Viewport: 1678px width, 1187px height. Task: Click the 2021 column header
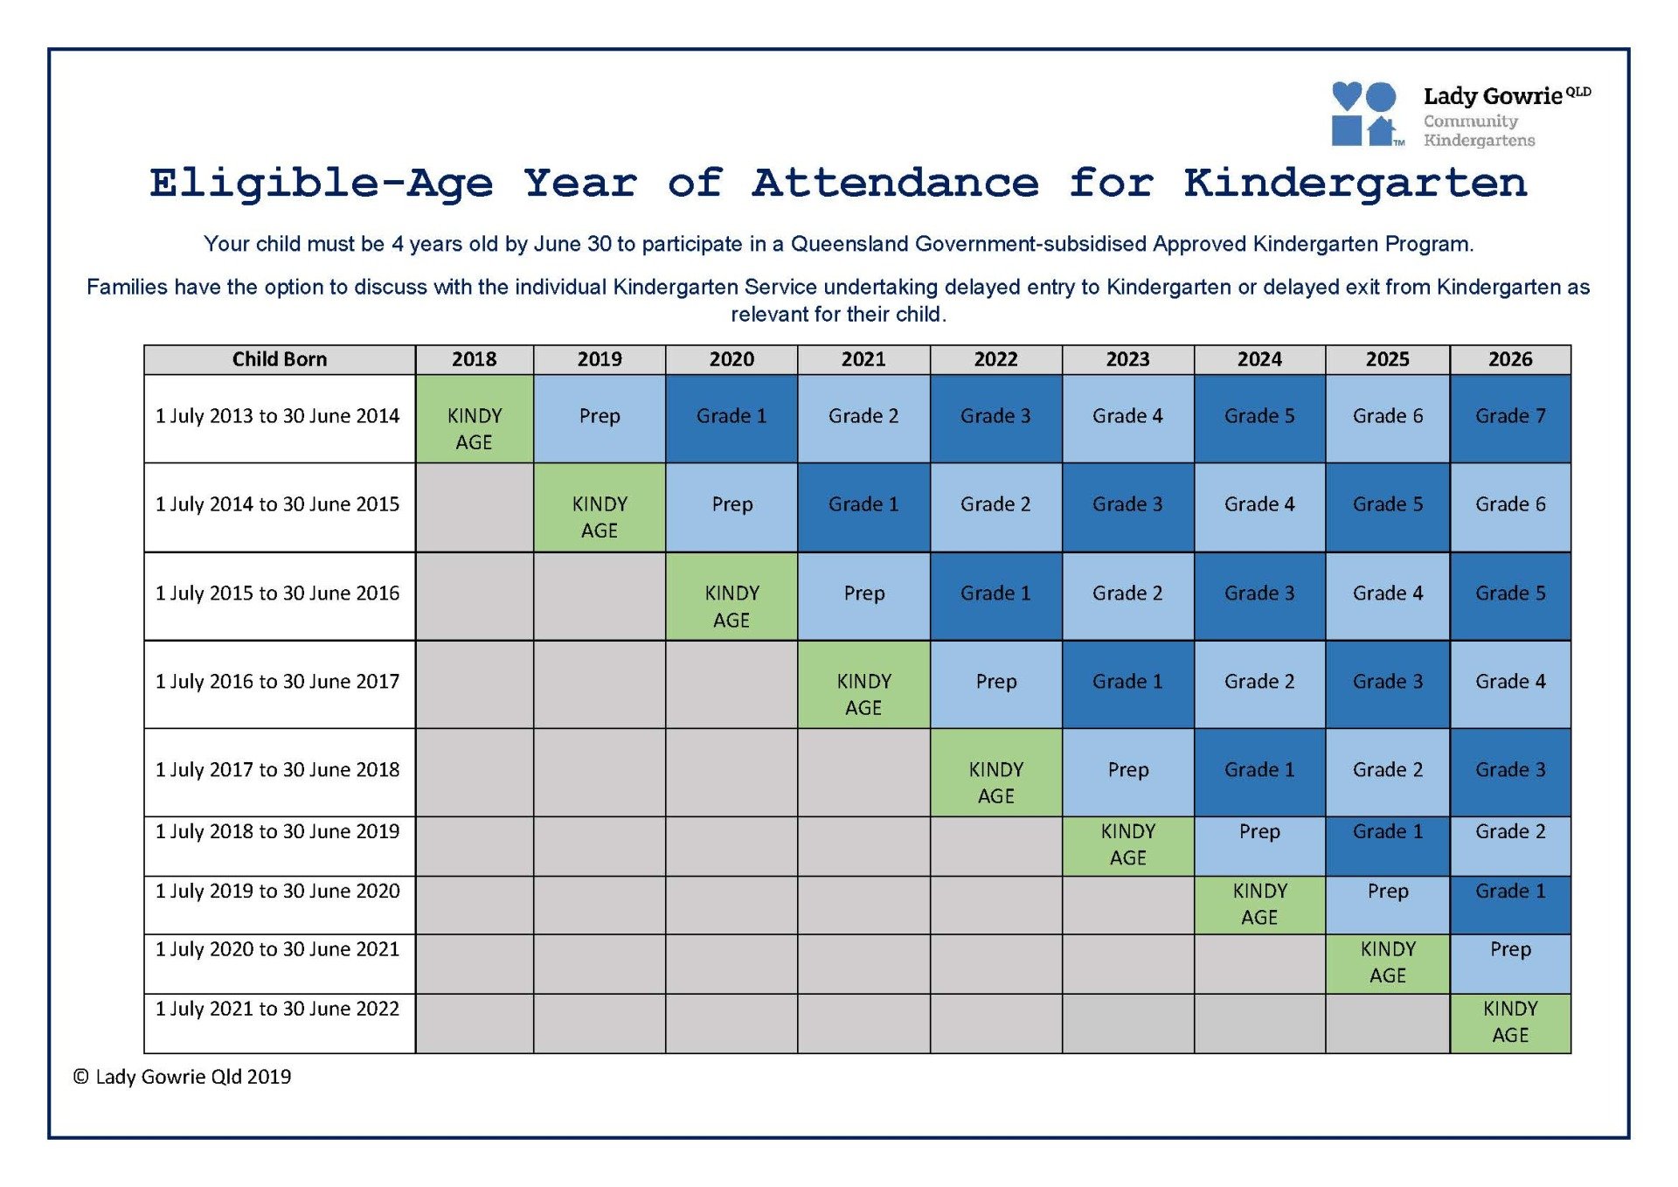(863, 359)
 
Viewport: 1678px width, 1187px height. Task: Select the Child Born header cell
(279, 359)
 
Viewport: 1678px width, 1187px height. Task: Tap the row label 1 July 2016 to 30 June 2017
(278, 682)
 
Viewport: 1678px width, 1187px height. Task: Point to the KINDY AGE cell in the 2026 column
(1509, 1023)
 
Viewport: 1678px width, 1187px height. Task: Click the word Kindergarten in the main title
(1354, 184)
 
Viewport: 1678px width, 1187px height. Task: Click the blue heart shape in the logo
(1346, 95)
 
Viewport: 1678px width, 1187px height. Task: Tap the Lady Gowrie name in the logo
(1492, 96)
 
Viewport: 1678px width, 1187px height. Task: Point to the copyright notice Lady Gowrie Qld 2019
(183, 1077)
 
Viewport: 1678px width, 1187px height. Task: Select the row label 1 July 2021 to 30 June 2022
(278, 1010)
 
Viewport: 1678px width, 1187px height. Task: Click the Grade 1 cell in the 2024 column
(1258, 771)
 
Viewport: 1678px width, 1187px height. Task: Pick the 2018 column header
(474, 359)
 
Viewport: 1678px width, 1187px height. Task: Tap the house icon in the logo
(1381, 131)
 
